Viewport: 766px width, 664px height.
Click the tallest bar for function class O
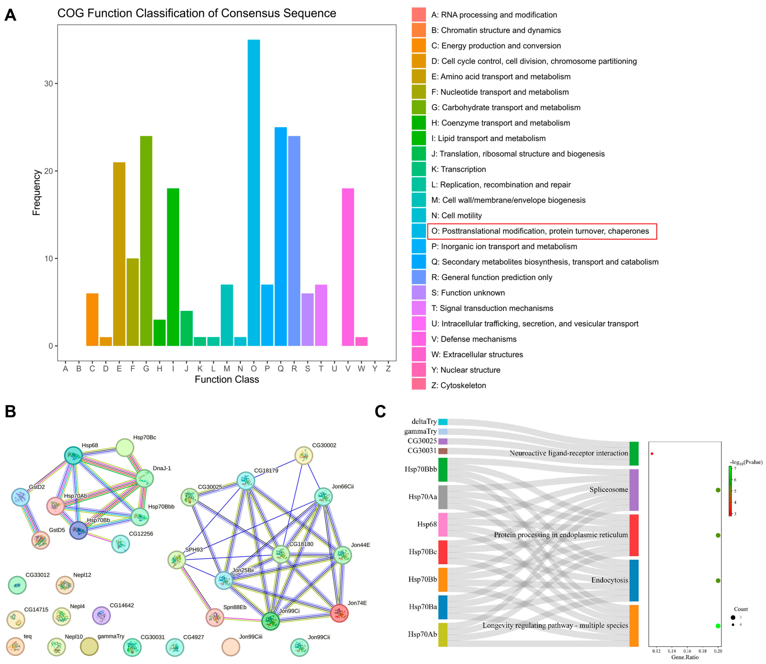coord(254,193)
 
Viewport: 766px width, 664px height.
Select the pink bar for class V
coord(348,267)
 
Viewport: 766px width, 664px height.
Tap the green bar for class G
coord(146,241)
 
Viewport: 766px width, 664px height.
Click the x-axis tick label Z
coord(388,369)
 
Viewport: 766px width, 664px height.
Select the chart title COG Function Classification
coord(197,13)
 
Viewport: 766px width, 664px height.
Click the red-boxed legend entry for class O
coord(542,231)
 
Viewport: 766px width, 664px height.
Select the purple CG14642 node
coord(101,616)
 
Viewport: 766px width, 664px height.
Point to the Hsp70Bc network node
coord(125,448)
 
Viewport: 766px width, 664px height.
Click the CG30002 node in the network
coord(304,455)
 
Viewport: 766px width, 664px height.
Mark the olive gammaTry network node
coord(89,646)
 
